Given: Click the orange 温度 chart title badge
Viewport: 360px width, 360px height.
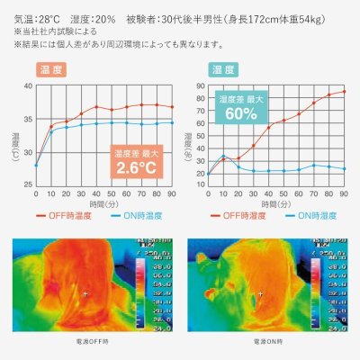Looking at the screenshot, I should [x=49, y=69].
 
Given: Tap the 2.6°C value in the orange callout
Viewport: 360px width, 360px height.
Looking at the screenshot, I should [x=134, y=166].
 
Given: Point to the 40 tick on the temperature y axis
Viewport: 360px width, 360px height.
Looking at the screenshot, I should [x=28, y=85].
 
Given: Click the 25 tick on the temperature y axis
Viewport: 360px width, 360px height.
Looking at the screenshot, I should [x=28, y=184].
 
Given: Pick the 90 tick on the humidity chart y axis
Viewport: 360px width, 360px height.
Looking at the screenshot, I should [x=201, y=85].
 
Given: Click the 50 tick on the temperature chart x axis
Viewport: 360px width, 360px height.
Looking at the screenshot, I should [x=112, y=193].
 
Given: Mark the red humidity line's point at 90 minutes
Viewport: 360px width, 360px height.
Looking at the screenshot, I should [x=344, y=92].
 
